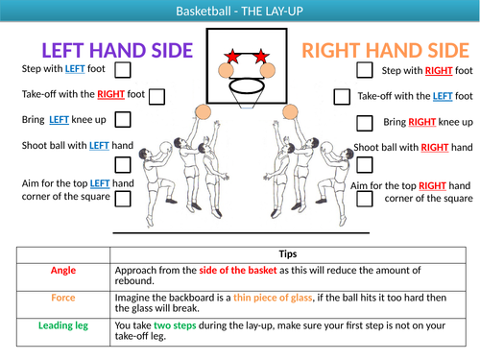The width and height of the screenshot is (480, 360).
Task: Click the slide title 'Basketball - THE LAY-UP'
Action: tap(239, 11)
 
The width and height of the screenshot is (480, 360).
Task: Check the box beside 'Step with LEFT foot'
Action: tap(123, 70)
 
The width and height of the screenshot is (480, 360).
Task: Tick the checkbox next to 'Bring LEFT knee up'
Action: tap(123, 121)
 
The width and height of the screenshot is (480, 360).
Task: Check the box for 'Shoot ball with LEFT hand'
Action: tap(123, 147)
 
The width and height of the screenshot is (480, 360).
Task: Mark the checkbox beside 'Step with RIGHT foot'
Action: tap(365, 70)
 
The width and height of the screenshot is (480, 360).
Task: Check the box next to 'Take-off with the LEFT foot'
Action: tap(343, 96)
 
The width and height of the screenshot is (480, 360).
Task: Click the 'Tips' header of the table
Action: tap(287, 254)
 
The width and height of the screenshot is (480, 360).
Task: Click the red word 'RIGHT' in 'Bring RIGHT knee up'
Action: tap(422, 123)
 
